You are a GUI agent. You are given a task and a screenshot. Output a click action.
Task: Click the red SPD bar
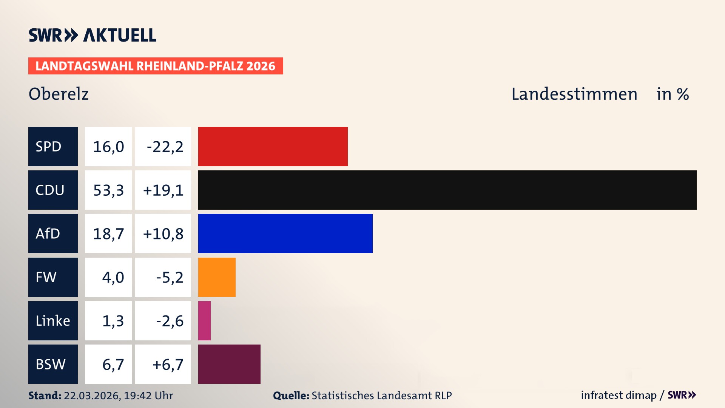pos(273,147)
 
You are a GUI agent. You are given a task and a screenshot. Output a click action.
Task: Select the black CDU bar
pos(447,190)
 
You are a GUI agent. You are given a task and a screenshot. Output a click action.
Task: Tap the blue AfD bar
pos(285,233)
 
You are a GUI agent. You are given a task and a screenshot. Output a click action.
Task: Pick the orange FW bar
pos(217,277)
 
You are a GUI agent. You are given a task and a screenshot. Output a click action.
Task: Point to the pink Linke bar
pos(204,321)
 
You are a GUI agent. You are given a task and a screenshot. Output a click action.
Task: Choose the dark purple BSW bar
pos(229,364)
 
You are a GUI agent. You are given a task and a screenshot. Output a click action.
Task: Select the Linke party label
pos(53,321)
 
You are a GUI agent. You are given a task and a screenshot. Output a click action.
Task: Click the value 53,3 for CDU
pos(108,190)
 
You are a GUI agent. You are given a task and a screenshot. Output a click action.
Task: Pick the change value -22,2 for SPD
pos(165,147)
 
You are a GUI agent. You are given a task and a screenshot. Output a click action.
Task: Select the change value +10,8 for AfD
pos(163,233)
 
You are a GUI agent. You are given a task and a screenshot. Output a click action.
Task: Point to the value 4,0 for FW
pos(113,277)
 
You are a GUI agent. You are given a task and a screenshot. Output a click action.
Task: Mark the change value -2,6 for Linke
pos(170,321)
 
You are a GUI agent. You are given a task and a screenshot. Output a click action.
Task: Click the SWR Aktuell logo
pos(93,35)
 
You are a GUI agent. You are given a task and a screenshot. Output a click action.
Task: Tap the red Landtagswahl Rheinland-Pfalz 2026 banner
pos(156,66)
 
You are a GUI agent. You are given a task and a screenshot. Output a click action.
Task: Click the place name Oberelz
pos(59,94)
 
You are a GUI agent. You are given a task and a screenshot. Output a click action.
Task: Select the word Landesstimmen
pos(574,94)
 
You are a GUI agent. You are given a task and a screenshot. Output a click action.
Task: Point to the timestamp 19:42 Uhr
pos(148,396)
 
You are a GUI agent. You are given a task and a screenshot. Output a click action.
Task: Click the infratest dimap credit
pos(619,395)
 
